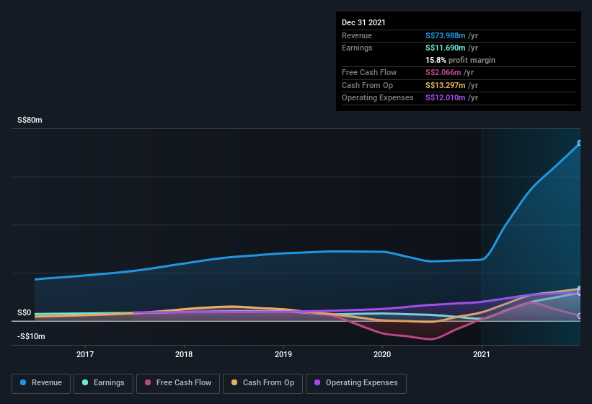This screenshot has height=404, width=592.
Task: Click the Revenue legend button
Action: pyautogui.click(x=42, y=382)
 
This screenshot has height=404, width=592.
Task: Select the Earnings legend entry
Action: pyautogui.click(x=103, y=382)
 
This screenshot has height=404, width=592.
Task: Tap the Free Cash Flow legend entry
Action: pyautogui.click(x=177, y=382)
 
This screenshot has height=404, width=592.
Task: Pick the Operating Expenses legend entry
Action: pyautogui.click(x=355, y=382)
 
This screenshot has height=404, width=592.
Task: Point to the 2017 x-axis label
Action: pyautogui.click(x=85, y=354)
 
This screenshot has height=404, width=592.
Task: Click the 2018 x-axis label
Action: pyautogui.click(x=184, y=354)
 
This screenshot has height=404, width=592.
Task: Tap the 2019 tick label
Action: pyautogui.click(x=283, y=354)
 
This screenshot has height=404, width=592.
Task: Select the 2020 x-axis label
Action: pyautogui.click(x=382, y=354)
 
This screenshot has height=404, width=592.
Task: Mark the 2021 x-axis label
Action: pyautogui.click(x=481, y=354)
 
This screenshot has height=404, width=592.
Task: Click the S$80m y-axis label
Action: pyautogui.click(x=30, y=120)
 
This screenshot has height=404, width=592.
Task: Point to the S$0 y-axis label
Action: pyautogui.click(x=25, y=312)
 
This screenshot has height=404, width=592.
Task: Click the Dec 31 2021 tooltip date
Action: pyautogui.click(x=363, y=22)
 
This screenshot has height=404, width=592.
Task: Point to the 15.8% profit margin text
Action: pyautogui.click(x=460, y=60)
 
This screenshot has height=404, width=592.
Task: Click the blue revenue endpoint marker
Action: pyautogui.click(x=580, y=143)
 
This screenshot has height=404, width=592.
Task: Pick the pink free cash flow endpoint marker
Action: pyautogui.click(x=580, y=316)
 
